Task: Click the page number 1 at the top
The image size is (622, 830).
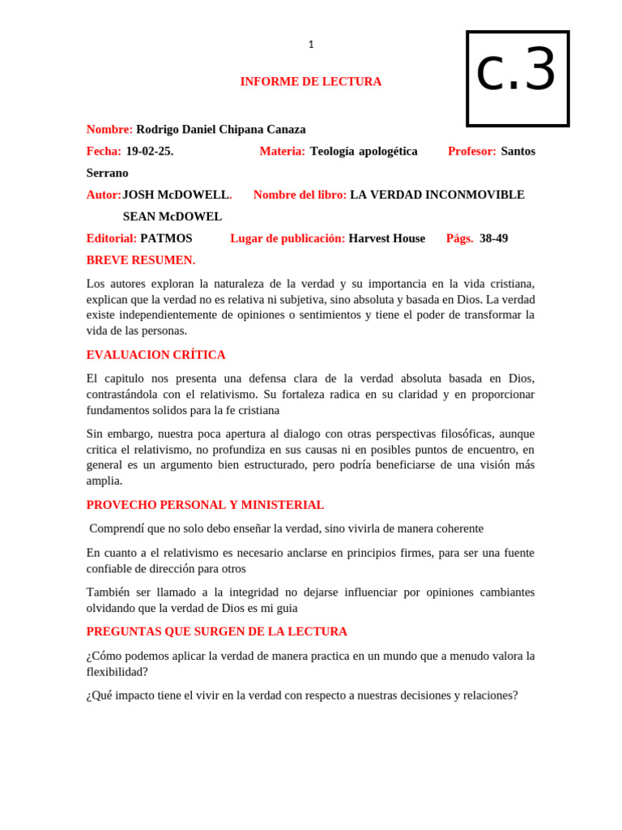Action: [311, 45]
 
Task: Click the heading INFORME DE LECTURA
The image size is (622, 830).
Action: [310, 82]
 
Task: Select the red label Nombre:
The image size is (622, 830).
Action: [109, 130]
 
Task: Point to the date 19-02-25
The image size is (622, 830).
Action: [149, 152]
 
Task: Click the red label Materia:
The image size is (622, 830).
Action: [282, 152]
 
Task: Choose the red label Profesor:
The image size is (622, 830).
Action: [471, 152]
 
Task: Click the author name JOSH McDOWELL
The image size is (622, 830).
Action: [176, 195]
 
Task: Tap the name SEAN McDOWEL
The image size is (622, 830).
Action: [172, 217]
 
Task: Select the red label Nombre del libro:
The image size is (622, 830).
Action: [300, 195]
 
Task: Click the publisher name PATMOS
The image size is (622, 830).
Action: [166, 239]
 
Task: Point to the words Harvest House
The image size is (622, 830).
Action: [386, 239]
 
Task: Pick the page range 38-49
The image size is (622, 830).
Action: [493, 239]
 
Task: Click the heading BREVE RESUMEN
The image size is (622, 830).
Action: [140, 261]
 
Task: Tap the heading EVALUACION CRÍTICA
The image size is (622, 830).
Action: [155, 355]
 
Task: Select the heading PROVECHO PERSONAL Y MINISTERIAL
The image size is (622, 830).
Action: [205, 505]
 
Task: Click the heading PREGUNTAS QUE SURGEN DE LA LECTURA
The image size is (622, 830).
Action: [216, 631]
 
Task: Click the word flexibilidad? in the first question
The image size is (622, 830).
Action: [117, 672]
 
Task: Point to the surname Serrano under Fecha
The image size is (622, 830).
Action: [107, 173]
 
